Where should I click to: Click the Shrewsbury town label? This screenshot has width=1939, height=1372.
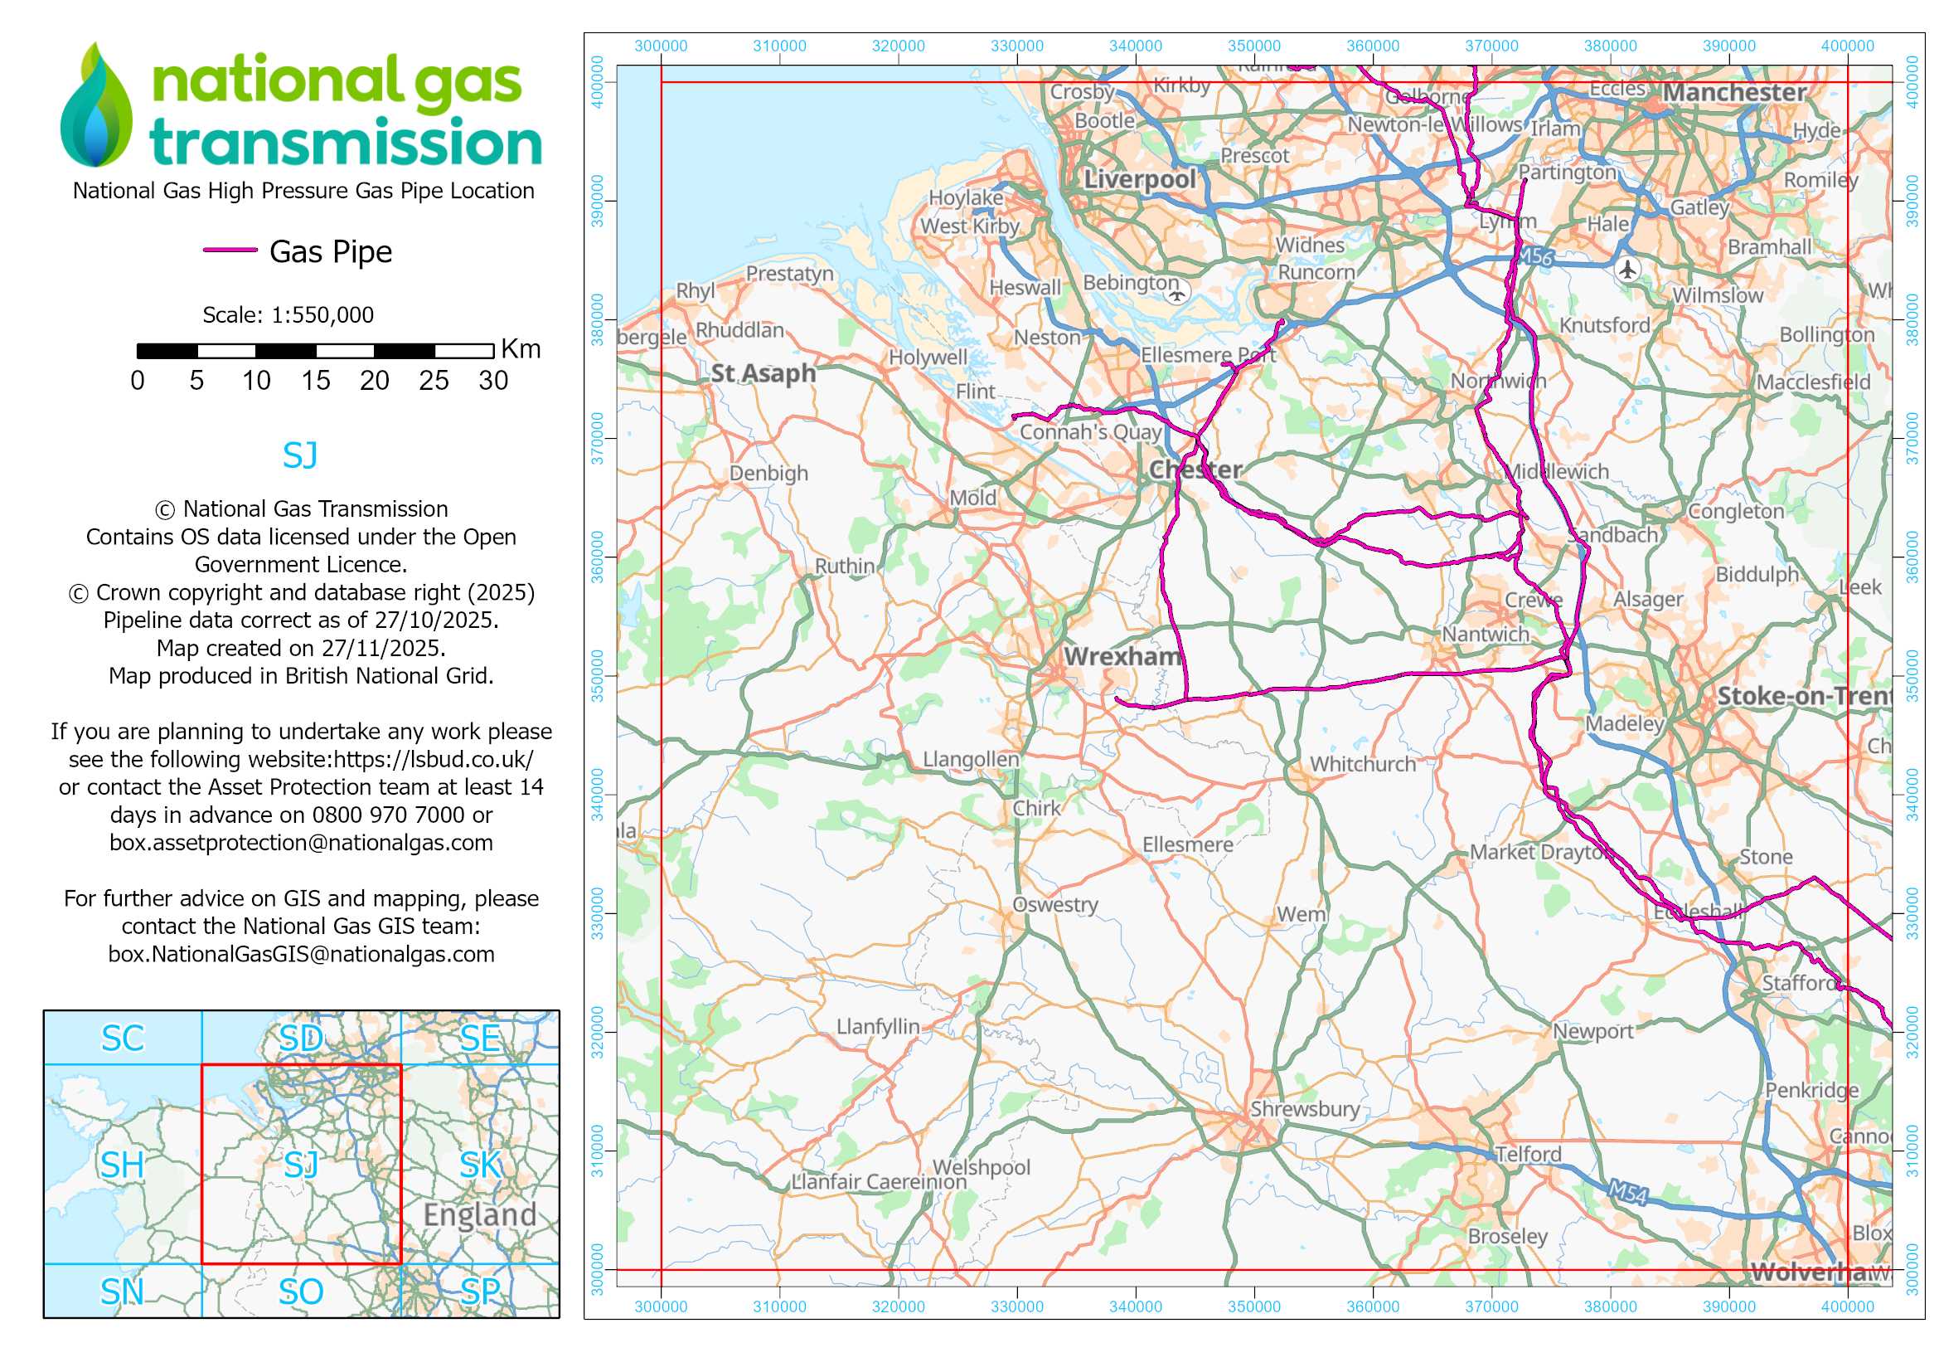pos(1304,1108)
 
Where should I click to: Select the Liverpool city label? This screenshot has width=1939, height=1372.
pos(1139,179)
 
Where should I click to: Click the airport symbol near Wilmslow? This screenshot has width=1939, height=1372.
pos(1626,270)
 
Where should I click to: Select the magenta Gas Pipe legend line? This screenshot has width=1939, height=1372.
pos(230,250)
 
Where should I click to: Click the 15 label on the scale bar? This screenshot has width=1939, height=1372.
pos(315,381)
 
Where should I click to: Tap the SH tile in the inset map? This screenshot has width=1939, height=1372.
pos(123,1165)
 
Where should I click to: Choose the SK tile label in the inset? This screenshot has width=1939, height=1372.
pos(481,1165)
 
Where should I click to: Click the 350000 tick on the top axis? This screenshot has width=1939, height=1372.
pos(1253,46)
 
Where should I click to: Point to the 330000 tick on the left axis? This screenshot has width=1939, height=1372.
pos(597,913)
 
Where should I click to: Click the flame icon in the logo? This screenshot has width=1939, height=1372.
pos(96,105)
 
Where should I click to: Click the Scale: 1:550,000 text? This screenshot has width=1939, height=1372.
pos(287,315)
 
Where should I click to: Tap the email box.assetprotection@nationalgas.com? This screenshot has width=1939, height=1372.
pos(301,842)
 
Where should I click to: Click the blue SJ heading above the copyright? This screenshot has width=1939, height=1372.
pos(300,455)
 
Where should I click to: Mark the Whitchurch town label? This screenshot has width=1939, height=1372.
pos(1362,764)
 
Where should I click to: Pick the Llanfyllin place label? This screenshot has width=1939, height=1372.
pos(877,1026)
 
